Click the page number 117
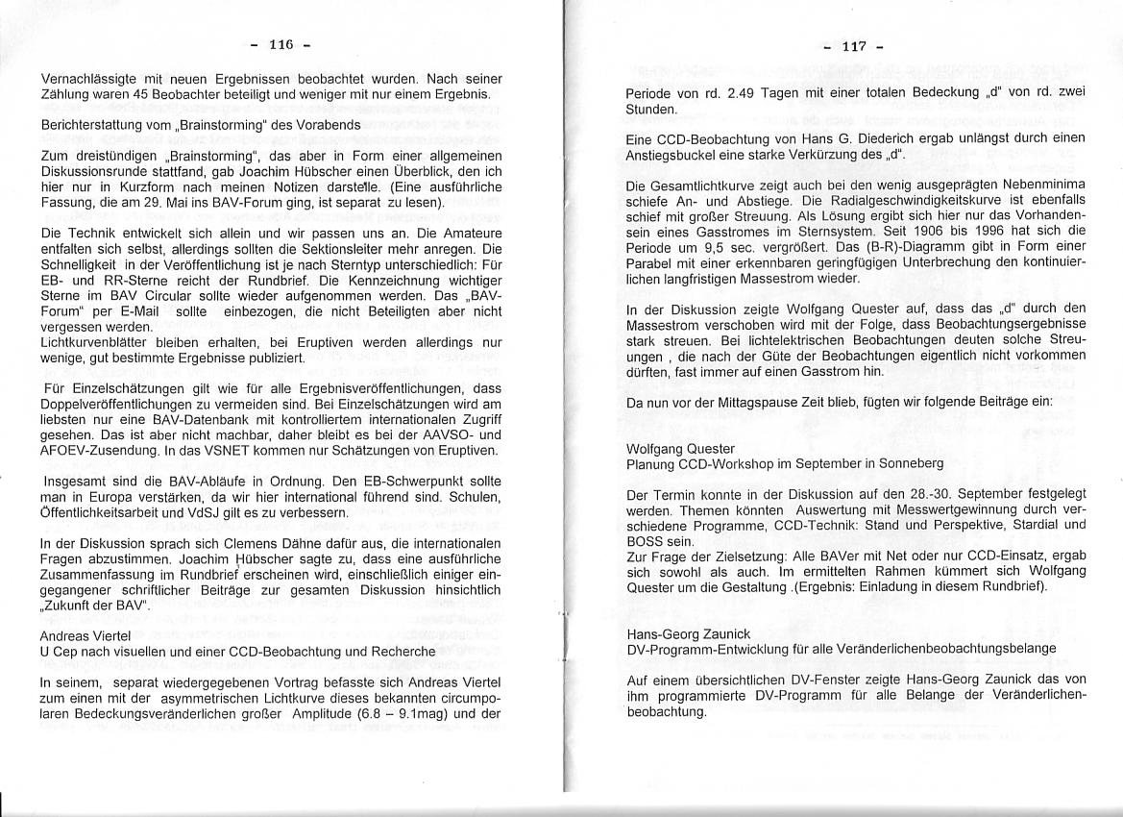coord(854,46)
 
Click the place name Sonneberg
coord(908,462)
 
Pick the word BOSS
coord(645,541)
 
